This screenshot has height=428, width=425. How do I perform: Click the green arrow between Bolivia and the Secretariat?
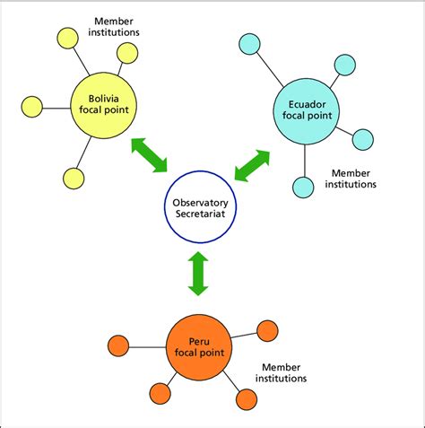coord(149,154)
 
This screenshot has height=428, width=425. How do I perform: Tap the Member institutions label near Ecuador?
coord(353,178)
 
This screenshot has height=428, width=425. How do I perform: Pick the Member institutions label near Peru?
coord(284,372)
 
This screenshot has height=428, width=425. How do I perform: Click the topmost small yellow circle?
coord(66,38)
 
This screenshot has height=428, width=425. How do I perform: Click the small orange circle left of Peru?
coord(117,345)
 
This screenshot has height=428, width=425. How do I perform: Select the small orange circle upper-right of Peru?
coord(267,330)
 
